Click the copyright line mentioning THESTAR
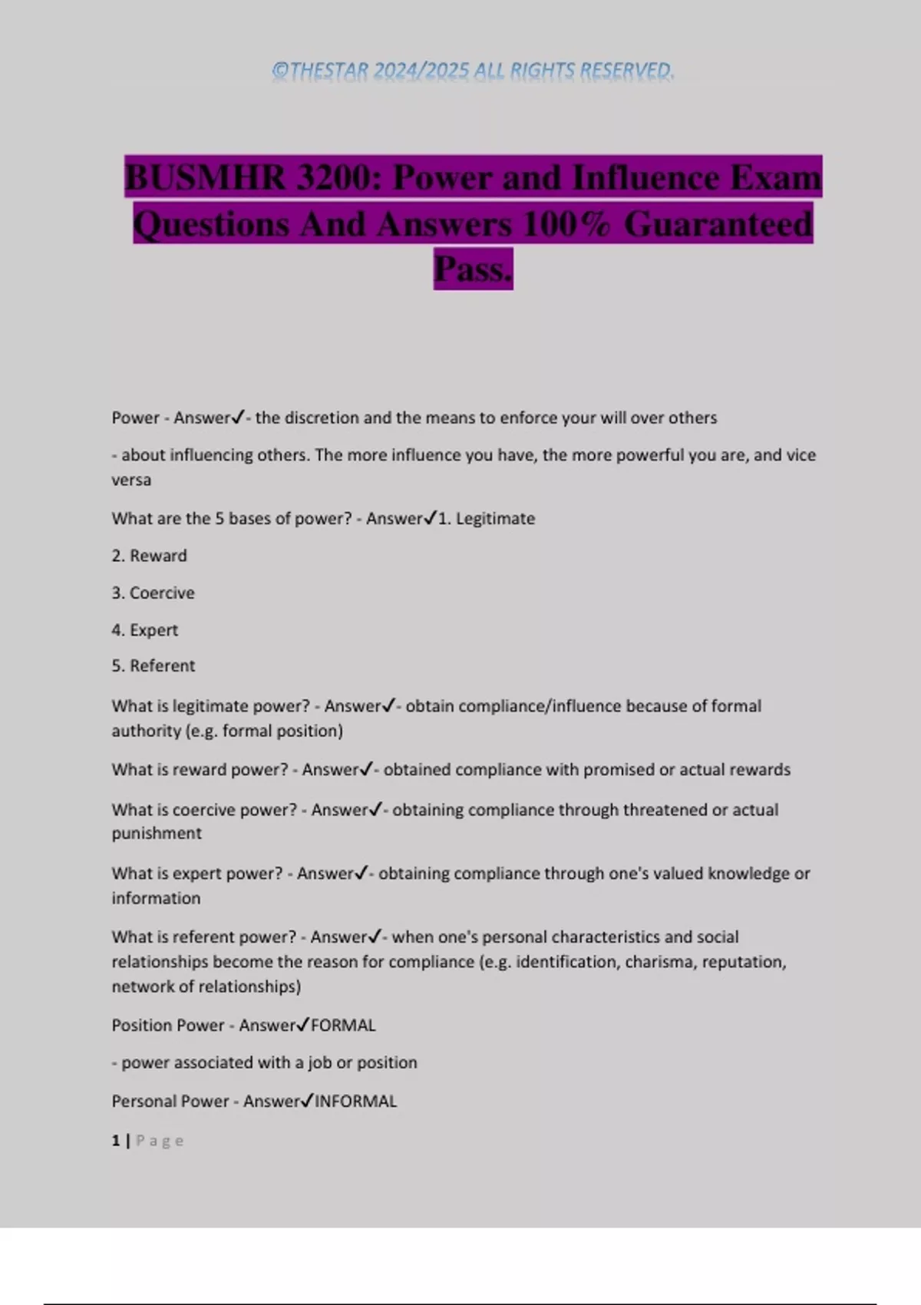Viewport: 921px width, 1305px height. click(x=473, y=71)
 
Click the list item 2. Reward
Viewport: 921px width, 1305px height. click(x=149, y=556)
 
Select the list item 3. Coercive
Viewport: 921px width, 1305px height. click(x=153, y=593)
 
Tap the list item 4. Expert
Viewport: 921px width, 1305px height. click(x=144, y=630)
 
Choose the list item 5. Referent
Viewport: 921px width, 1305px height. click(x=153, y=666)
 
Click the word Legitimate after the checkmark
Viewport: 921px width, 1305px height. click(x=495, y=519)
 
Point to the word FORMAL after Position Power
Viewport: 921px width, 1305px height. click(x=343, y=1026)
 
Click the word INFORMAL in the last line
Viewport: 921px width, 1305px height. click(x=356, y=1102)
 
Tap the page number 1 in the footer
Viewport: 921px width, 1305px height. click(x=116, y=1141)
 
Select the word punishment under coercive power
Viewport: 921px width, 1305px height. click(x=157, y=834)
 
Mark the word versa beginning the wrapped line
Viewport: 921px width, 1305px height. click(x=131, y=481)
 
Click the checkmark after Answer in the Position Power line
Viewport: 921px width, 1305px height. click(x=303, y=1025)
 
